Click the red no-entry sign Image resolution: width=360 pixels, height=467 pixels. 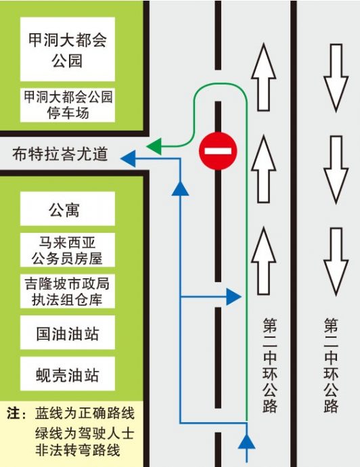(x=218, y=150)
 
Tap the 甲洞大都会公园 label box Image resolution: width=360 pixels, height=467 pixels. (x=67, y=49)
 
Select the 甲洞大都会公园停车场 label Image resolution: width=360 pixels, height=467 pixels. (x=67, y=104)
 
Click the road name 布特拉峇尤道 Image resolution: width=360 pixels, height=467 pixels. (x=60, y=155)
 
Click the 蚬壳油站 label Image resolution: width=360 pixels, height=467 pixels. (x=67, y=374)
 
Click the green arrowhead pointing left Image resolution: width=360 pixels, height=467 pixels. (x=155, y=146)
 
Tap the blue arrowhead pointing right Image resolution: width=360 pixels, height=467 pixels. (x=233, y=296)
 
